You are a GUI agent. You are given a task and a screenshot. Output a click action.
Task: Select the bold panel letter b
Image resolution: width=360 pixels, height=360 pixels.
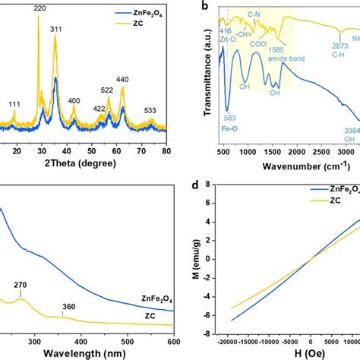coord(203,6)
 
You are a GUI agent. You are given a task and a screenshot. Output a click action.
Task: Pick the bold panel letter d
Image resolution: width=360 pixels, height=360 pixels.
coord(203,185)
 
